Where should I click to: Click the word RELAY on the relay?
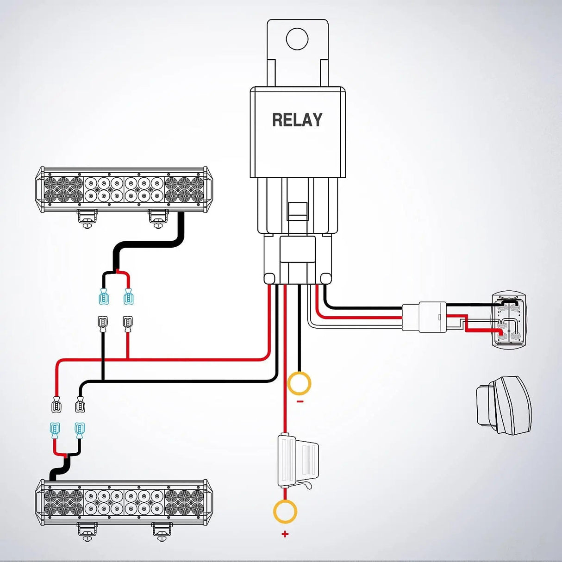[x=297, y=120]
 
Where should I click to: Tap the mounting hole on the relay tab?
[x=297, y=39]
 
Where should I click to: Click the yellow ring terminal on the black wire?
[x=299, y=383]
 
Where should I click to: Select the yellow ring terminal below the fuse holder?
[x=285, y=511]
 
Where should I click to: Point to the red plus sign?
[x=285, y=534]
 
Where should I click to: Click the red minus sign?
[x=300, y=401]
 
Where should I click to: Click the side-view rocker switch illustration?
[x=504, y=406]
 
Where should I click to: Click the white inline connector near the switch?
[x=425, y=317]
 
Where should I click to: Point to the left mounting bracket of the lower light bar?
[x=87, y=531]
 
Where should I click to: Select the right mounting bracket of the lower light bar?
[x=162, y=531]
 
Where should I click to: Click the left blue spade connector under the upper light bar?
[x=103, y=297]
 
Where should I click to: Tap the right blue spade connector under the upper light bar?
[x=128, y=297]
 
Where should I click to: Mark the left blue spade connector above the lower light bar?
[x=55, y=431]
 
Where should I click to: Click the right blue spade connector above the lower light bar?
[x=80, y=431]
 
